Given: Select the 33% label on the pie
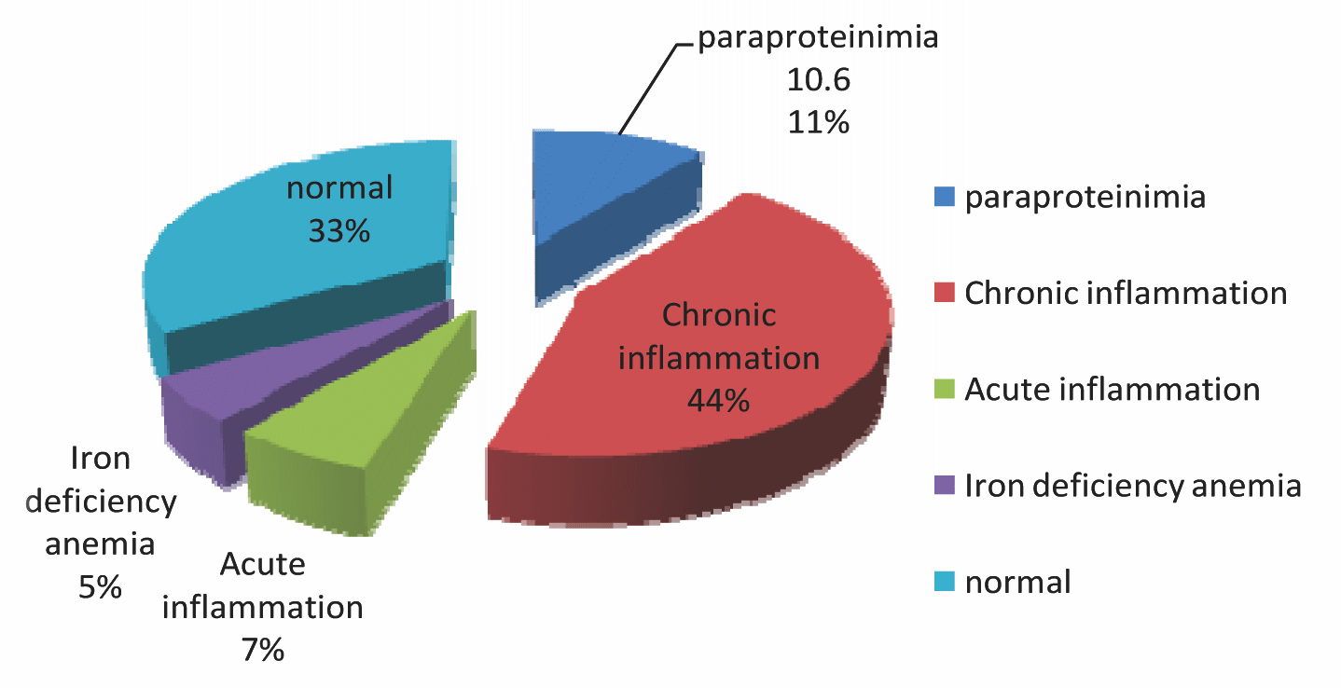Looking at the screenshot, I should pyautogui.click(x=339, y=230).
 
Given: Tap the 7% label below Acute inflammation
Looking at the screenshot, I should pyautogui.click(x=262, y=650).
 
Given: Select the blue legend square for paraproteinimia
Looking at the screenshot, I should pyautogui.click(x=944, y=198).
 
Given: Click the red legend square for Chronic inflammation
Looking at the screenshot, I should pyautogui.click(x=944, y=294).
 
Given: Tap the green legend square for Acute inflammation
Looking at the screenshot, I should pyautogui.click(x=944, y=390).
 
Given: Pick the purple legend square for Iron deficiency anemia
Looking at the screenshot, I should pyautogui.click(x=944, y=486).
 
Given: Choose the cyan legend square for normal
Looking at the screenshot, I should pyautogui.click(x=944, y=583).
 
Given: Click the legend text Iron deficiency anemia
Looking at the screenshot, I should pyautogui.click(x=1132, y=486).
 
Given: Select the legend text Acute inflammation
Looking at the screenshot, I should pyautogui.click(x=1112, y=389).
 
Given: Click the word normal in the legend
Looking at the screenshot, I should pyautogui.click(x=1017, y=583).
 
